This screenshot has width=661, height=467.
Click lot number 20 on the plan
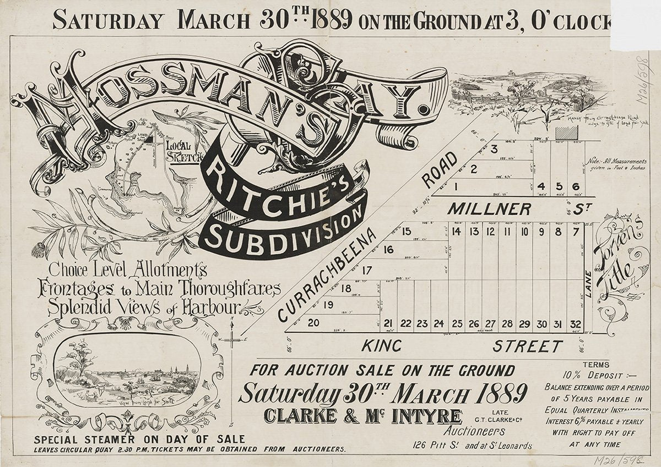[x=313, y=323]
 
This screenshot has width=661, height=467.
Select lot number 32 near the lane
[x=576, y=324]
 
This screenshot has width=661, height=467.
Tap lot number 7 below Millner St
[x=576, y=232]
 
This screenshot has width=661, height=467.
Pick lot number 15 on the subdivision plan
[x=407, y=231]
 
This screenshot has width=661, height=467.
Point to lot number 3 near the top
[x=494, y=149]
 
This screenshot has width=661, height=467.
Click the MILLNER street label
[x=489, y=209]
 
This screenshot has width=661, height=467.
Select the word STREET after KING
[x=527, y=347]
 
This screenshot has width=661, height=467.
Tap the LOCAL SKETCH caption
[x=181, y=149]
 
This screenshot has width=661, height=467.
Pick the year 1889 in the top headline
[x=330, y=20]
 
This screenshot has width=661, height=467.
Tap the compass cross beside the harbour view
[x=233, y=342]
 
